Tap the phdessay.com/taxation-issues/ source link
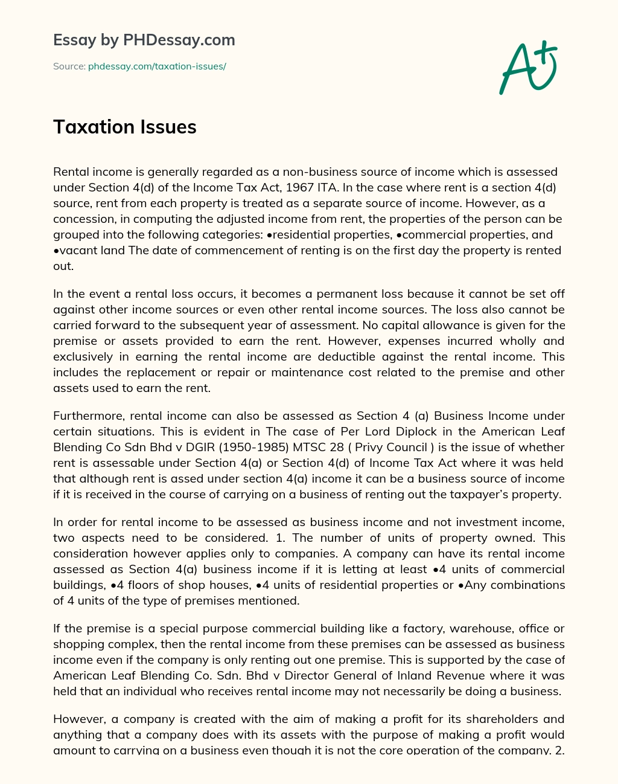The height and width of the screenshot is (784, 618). [157, 66]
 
